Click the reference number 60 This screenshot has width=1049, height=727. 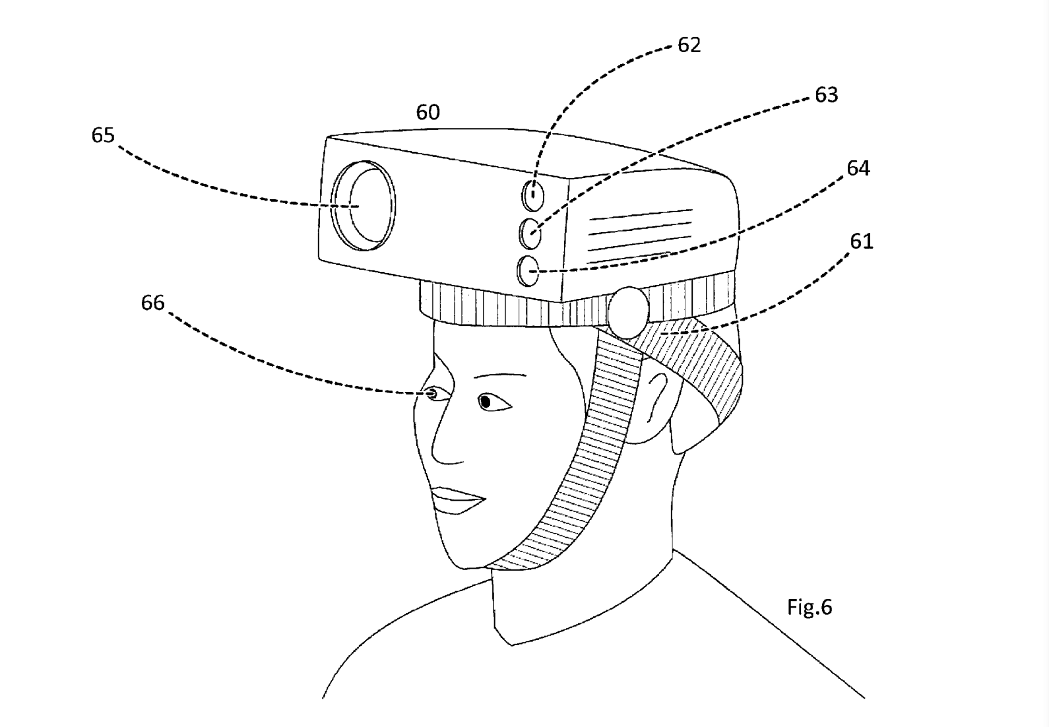point(428,113)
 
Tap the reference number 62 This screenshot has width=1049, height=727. point(689,45)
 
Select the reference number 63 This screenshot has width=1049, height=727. point(826,95)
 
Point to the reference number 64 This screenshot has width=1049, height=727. point(858,169)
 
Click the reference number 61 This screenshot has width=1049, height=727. point(861,241)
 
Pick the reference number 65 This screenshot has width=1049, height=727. point(103,135)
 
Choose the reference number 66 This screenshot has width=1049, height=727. point(152,303)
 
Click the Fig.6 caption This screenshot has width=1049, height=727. point(810,606)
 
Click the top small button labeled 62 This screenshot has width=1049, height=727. point(533,195)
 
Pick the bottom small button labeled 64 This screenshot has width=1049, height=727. point(529,270)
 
